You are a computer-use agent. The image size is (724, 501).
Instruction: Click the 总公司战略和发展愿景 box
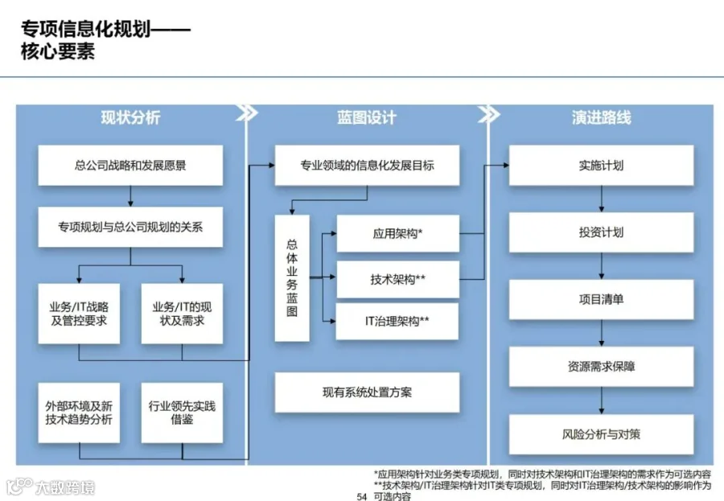point(130,166)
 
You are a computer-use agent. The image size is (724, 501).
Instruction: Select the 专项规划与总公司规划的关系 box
point(130,227)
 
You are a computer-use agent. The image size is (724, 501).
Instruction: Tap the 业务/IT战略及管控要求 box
point(79,314)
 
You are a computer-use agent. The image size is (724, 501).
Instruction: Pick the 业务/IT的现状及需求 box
point(182,314)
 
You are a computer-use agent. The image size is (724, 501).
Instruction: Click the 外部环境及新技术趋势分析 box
point(79,413)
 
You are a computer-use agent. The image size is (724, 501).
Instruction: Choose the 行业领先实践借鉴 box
point(182,413)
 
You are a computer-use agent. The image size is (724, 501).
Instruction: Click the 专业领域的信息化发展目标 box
point(367,166)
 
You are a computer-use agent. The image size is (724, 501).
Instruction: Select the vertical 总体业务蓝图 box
point(292,278)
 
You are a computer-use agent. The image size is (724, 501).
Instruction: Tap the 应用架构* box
point(398,233)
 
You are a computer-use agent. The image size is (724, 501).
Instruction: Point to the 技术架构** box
point(398,279)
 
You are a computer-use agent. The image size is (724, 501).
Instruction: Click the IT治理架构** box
point(397,321)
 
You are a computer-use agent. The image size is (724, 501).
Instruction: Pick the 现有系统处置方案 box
point(367,392)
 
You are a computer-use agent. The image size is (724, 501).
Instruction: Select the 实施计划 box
point(601,166)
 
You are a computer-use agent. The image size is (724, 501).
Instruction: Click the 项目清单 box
point(601,299)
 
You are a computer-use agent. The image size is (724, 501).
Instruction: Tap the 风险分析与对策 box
point(601,434)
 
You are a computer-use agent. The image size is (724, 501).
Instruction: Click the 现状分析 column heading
point(130,117)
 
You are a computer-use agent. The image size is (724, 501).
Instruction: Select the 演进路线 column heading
point(601,117)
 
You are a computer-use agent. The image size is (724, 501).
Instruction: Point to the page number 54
point(361,496)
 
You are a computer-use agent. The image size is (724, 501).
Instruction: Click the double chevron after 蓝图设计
point(488,114)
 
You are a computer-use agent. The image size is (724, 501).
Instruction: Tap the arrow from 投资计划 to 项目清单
point(601,266)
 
